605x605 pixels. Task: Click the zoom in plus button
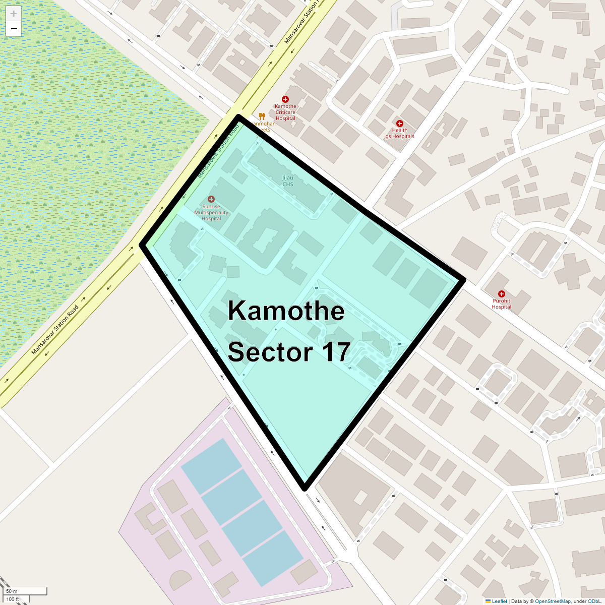point(14,14)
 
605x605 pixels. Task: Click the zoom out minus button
point(14,29)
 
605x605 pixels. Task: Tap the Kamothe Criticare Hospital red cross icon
point(285,99)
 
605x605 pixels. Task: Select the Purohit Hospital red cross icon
point(501,294)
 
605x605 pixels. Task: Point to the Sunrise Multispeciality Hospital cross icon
point(211,199)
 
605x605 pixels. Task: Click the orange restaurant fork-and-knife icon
point(262,116)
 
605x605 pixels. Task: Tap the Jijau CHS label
point(287,181)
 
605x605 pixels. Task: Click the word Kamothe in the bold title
point(286,311)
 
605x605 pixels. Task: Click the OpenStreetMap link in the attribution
point(553,601)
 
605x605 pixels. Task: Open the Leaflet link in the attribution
point(499,601)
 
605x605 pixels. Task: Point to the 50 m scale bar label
point(12,591)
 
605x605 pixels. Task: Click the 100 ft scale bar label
point(13,599)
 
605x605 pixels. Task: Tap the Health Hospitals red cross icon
point(400,124)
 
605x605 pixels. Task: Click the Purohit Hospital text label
point(501,304)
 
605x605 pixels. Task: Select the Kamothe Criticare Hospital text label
point(285,112)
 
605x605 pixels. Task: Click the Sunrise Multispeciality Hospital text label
point(211,213)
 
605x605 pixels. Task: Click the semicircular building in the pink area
point(180,580)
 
